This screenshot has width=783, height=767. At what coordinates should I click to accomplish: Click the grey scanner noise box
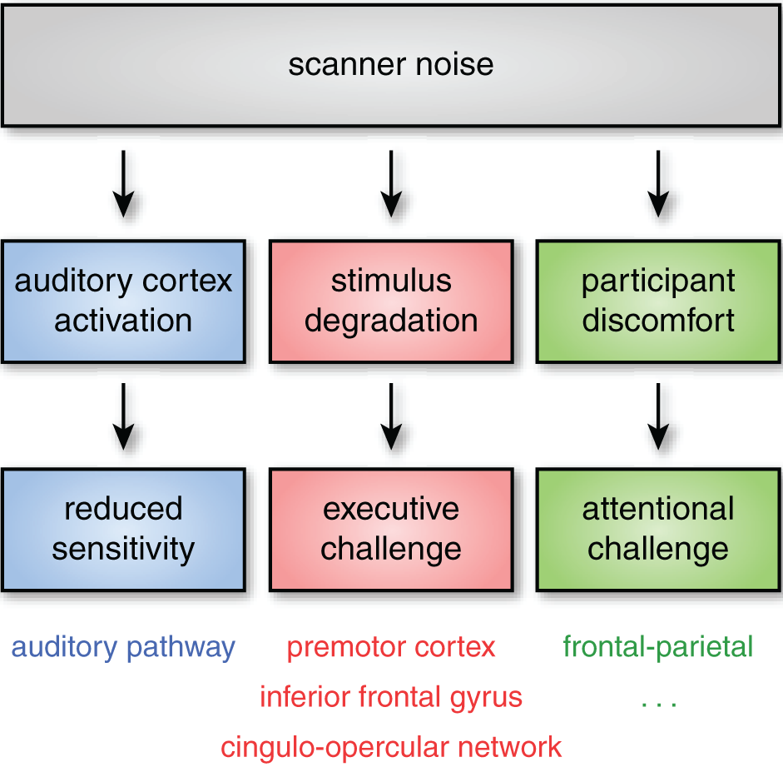pos(391,64)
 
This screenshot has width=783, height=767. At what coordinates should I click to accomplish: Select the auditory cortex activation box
pos(123,301)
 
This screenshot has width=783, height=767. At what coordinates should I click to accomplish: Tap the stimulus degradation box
pos(391,301)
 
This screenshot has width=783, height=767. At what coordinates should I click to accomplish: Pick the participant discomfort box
pos(658,301)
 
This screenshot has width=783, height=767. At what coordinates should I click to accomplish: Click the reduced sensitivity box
pos(123,530)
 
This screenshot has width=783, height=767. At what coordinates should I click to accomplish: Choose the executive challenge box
pos(391,530)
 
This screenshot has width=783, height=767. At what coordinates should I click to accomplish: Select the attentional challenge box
pos(658,530)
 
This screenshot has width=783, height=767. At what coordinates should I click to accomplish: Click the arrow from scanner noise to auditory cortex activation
pos(123,183)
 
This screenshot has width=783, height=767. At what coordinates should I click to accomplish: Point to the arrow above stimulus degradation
pos(391,183)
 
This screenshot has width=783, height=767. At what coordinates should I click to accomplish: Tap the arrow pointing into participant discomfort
pos(658,183)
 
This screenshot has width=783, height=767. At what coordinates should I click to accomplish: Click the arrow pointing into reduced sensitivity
pos(123,414)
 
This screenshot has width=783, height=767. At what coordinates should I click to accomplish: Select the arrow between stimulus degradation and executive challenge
pos(391,414)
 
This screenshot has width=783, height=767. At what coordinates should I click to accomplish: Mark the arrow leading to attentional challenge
pos(658,414)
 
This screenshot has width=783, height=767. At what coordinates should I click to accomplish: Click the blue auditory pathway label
pos(123,647)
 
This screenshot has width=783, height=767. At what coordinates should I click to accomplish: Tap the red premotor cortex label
pos(391,647)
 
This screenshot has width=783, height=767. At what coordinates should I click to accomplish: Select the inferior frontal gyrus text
pos(391,696)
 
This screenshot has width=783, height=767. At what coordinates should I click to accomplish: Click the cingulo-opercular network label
pos(391,746)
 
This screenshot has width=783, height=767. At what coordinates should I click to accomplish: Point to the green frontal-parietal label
pos(658,646)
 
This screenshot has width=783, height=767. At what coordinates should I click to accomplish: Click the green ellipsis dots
pos(658,704)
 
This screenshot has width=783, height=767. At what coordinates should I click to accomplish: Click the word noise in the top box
pos(454,65)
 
